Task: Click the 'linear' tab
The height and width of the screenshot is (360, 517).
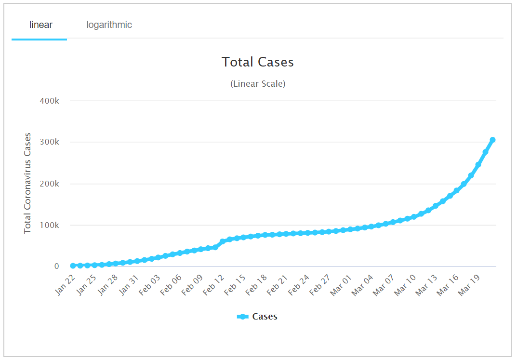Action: pos(40,25)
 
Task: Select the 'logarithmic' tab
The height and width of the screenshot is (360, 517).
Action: pos(109,25)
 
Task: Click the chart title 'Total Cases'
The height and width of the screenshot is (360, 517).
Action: pos(258,62)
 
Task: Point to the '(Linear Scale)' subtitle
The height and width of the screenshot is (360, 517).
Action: pos(258,84)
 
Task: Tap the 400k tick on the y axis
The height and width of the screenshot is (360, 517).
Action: pos(50,101)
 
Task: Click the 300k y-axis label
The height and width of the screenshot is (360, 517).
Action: pos(50,142)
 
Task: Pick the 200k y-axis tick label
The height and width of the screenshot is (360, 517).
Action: pos(50,184)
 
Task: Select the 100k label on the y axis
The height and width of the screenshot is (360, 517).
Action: pos(50,225)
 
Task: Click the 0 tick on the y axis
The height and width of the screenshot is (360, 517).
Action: pos(56,267)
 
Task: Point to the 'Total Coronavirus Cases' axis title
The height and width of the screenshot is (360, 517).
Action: pos(27,183)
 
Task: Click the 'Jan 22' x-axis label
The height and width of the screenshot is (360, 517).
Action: pos(66,285)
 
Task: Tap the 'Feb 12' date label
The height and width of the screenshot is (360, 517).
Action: pos(214,285)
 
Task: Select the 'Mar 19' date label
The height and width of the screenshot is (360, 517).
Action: pos(469,285)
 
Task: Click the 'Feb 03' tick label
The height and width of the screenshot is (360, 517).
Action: pos(150,285)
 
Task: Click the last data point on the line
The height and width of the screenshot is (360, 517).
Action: pos(492,140)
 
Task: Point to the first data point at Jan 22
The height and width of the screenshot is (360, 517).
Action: pos(73,266)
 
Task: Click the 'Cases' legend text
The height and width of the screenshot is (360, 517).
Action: pos(265,317)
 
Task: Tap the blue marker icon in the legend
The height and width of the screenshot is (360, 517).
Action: pos(243,317)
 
